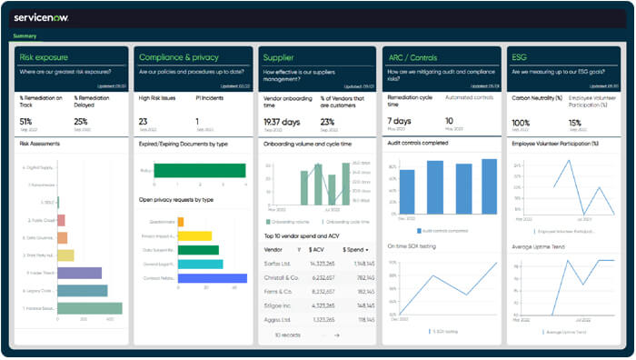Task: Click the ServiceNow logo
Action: point(41,17)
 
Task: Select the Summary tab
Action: point(25,36)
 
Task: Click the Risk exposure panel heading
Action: point(46,57)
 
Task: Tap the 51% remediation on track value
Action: point(25,122)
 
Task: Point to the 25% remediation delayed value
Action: point(81,122)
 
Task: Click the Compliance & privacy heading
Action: point(180,57)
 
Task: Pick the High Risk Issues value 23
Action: point(144,122)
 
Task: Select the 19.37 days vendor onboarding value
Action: point(282,122)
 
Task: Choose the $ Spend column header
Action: point(354,249)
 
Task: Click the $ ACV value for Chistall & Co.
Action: point(323,278)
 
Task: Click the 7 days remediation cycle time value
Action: point(399,121)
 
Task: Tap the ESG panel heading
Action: point(519,57)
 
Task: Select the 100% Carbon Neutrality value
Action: point(521,122)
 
